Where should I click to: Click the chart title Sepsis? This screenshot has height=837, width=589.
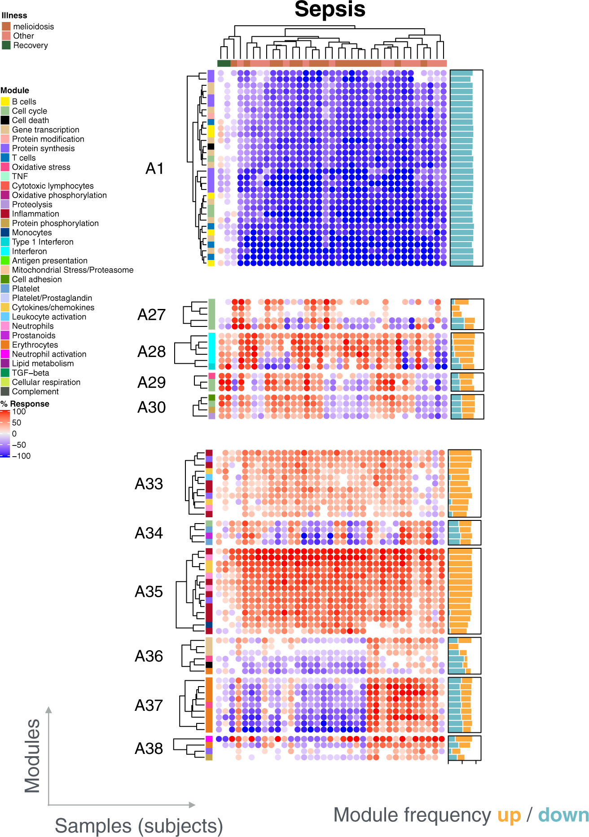coord(330,10)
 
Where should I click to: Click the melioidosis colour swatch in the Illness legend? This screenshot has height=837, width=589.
coord(6,26)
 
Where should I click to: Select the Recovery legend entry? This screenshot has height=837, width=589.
coord(30,45)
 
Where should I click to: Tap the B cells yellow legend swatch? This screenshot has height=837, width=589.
coord(5,102)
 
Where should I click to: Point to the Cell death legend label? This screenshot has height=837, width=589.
coord(30,120)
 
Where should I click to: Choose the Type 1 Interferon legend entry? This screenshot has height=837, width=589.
coord(42,242)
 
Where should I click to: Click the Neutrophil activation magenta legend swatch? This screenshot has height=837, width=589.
coord(5,354)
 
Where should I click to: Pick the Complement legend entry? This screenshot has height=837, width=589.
coord(35,392)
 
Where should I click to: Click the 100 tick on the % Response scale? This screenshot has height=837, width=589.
coord(19,412)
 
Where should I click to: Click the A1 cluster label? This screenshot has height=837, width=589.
coord(155,169)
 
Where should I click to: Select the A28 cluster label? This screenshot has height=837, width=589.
coord(152,352)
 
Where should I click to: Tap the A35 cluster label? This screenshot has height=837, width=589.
coord(149,592)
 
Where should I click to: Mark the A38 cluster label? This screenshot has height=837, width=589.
coord(149,749)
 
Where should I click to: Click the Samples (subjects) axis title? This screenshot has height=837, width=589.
coord(139,826)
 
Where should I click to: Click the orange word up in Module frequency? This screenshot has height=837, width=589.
coord(509,815)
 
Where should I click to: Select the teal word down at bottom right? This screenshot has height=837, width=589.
coord(563,815)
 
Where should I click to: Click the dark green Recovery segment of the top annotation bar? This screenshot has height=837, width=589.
coord(224,63)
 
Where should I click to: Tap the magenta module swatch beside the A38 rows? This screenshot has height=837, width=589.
coord(209,739)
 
